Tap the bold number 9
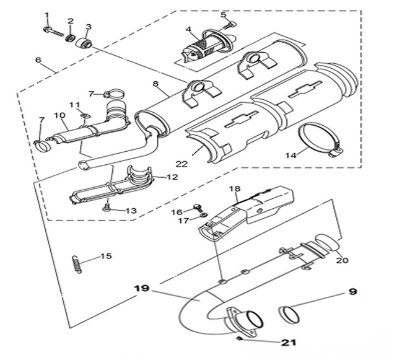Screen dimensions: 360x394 point(352,290)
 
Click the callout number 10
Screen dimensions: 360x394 point(59,115)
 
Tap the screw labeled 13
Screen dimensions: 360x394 point(107,209)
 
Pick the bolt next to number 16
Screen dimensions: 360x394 point(198,208)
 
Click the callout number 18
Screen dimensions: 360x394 point(234,188)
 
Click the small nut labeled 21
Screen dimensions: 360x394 point(239,338)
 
